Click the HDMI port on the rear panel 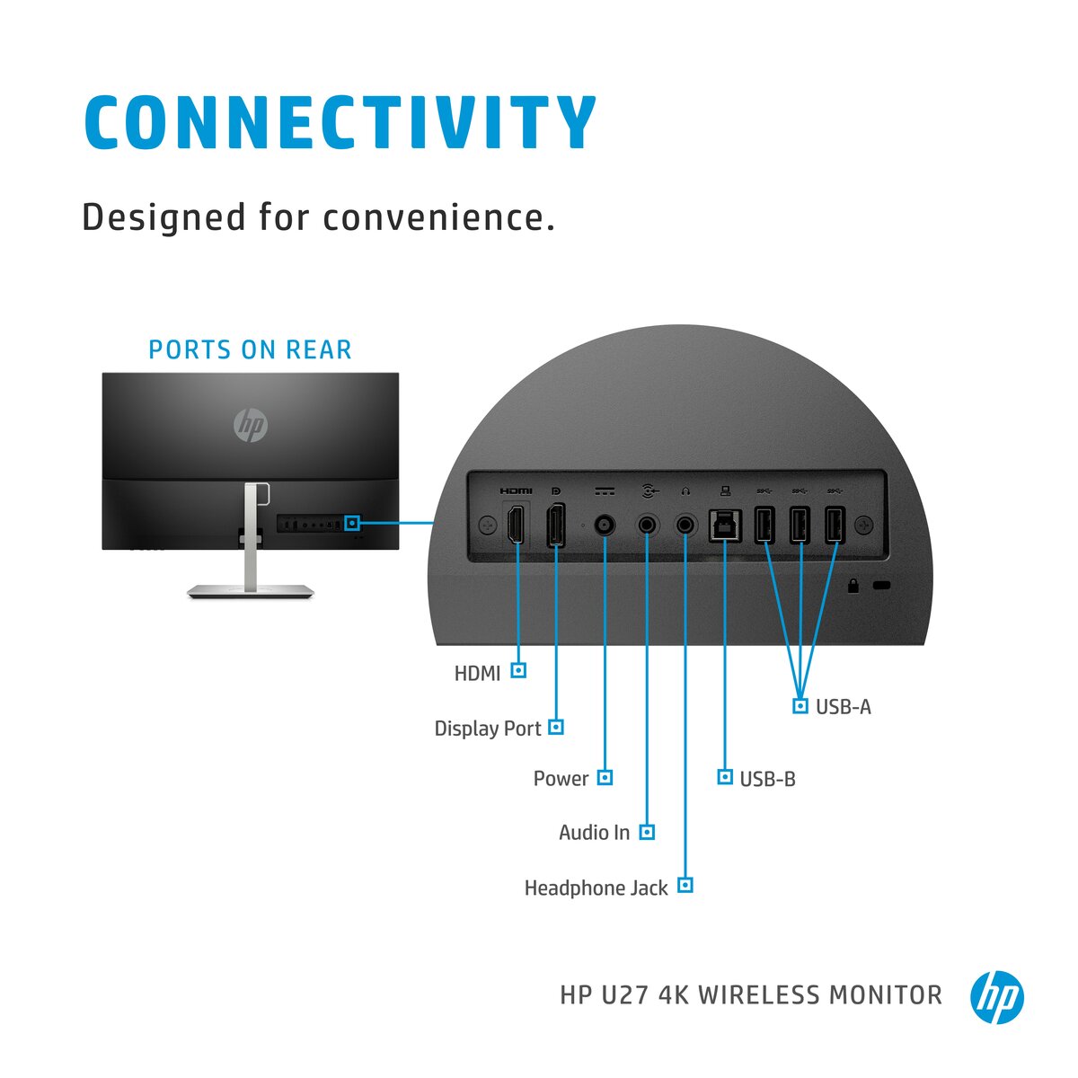point(516,526)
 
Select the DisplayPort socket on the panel point(556,526)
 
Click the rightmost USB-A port point(835,526)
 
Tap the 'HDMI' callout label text point(477,673)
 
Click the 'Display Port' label point(488,729)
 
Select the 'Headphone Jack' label point(596,888)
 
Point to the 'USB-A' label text point(844,707)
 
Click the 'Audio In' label point(594,833)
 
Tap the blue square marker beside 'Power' point(605,777)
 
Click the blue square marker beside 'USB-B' point(725,776)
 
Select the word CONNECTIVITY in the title point(340,122)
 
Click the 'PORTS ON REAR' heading point(250,349)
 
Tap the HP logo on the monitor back point(251,425)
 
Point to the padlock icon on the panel point(853,587)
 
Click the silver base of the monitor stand point(251,590)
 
